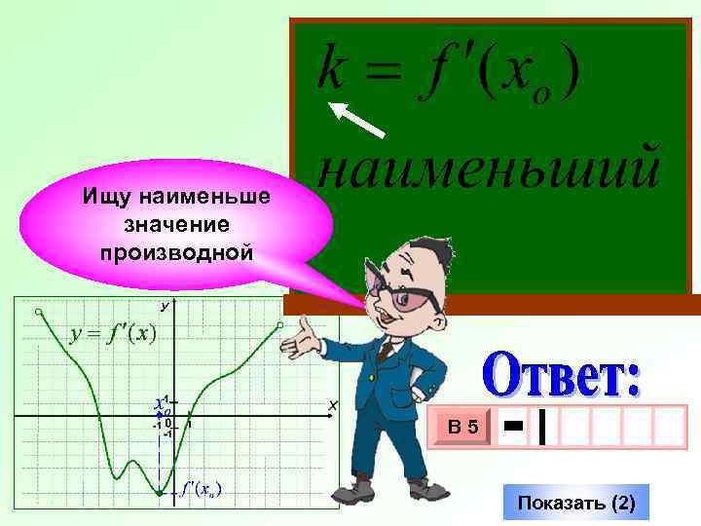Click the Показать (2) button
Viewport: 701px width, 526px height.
tap(576, 504)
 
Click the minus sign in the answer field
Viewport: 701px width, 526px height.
tap(514, 426)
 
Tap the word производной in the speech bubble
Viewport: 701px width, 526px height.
tap(176, 253)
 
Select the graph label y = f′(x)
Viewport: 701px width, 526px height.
tap(113, 333)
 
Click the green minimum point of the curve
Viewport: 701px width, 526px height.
tap(159, 494)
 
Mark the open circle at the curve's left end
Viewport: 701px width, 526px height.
tap(38, 312)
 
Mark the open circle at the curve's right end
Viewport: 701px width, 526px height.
tap(280, 325)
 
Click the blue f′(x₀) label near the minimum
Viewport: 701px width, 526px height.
tap(201, 489)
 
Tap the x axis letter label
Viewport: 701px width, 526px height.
tap(332, 404)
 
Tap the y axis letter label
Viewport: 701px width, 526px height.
tap(165, 306)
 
